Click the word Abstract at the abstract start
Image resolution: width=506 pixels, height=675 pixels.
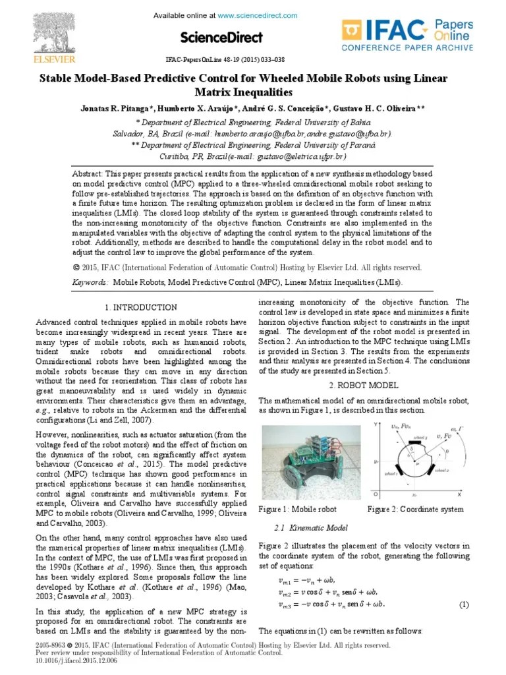[90, 172]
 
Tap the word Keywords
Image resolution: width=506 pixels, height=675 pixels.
[90, 282]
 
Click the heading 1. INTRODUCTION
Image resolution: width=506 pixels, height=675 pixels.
[141, 307]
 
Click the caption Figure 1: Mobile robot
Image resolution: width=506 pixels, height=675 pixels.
[297, 510]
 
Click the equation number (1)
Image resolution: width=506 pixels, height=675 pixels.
[463, 604]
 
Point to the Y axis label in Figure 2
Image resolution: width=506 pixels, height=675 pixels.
[375, 423]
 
